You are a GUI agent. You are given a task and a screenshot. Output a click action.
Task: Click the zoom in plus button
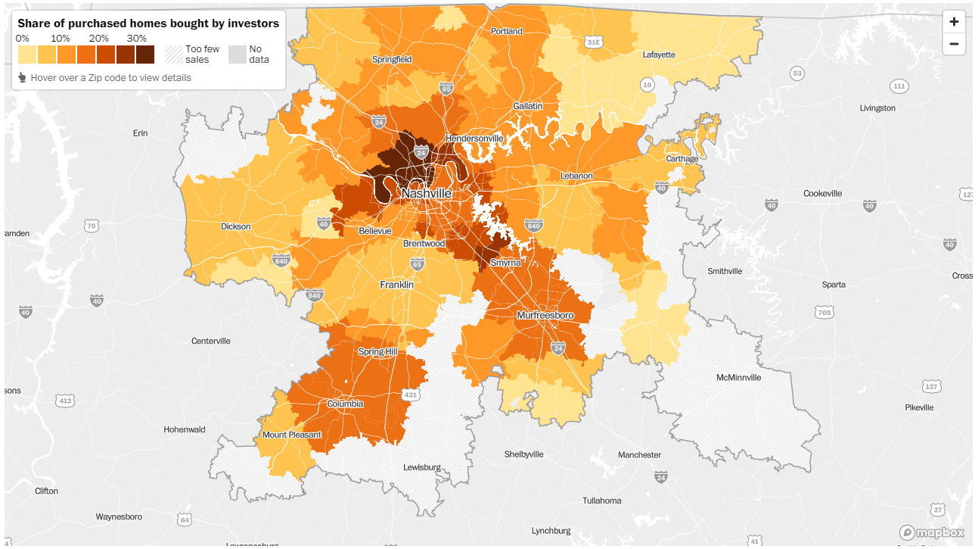coord(954,22)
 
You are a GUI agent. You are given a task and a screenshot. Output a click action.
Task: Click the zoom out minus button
coord(954,44)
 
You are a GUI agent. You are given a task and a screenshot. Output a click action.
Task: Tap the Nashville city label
coord(426,194)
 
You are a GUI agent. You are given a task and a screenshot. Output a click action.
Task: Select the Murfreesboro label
coord(545,315)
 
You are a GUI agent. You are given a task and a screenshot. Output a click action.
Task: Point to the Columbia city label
coord(345,404)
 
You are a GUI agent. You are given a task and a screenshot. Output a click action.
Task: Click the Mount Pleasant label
coord(292,435)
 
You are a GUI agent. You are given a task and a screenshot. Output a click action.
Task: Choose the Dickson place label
coord(235,226)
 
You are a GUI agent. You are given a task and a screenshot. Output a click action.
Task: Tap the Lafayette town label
coord(658,55)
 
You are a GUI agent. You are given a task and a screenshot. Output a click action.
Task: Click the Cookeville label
coord(822,194)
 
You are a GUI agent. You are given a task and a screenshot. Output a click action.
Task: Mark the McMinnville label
coord(738,377)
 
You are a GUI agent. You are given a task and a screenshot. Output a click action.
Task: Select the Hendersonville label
coord(474,139)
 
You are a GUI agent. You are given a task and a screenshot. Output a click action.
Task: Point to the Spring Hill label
coord(377,352)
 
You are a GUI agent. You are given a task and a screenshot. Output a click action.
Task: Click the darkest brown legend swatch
coord(145,55)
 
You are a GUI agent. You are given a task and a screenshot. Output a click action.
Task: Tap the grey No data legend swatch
coord(238,55)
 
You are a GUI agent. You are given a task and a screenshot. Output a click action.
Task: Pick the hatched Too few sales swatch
coord(174,55)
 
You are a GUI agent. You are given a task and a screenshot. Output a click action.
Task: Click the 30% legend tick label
coord(137,39)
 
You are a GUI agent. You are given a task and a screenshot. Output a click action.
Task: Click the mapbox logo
coord(932,532)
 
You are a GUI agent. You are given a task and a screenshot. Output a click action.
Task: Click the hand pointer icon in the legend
coord(22,77)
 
